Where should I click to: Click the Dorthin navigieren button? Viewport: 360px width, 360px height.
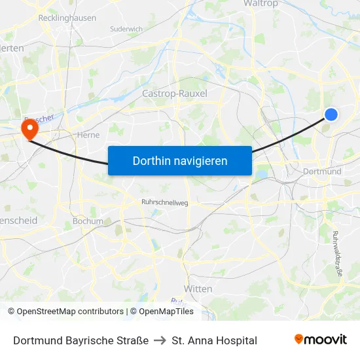[179, 160]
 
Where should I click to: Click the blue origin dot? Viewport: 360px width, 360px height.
[331, 115]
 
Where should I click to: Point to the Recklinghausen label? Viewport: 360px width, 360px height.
[67, 18]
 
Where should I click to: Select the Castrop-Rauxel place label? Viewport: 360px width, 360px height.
[175, 94]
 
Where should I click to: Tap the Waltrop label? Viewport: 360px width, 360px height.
[261, 4]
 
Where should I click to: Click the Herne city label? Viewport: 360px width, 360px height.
[88, 135]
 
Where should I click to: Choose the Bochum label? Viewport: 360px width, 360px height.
[88, 221]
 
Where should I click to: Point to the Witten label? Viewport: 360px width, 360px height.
[198, 289]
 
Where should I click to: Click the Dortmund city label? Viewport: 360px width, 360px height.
[323, 171]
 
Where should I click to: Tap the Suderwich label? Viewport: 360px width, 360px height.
[126, 29]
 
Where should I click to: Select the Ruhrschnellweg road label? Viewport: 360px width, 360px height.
[165, 203]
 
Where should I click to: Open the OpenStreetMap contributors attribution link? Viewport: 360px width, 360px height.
[70, 312]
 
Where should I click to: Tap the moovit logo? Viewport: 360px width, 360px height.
[321, 340]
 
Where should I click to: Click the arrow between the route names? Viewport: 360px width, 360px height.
[160, 340]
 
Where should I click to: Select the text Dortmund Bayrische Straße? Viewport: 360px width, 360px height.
[81, 340]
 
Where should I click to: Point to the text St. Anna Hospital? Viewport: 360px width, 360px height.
[214, 340]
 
